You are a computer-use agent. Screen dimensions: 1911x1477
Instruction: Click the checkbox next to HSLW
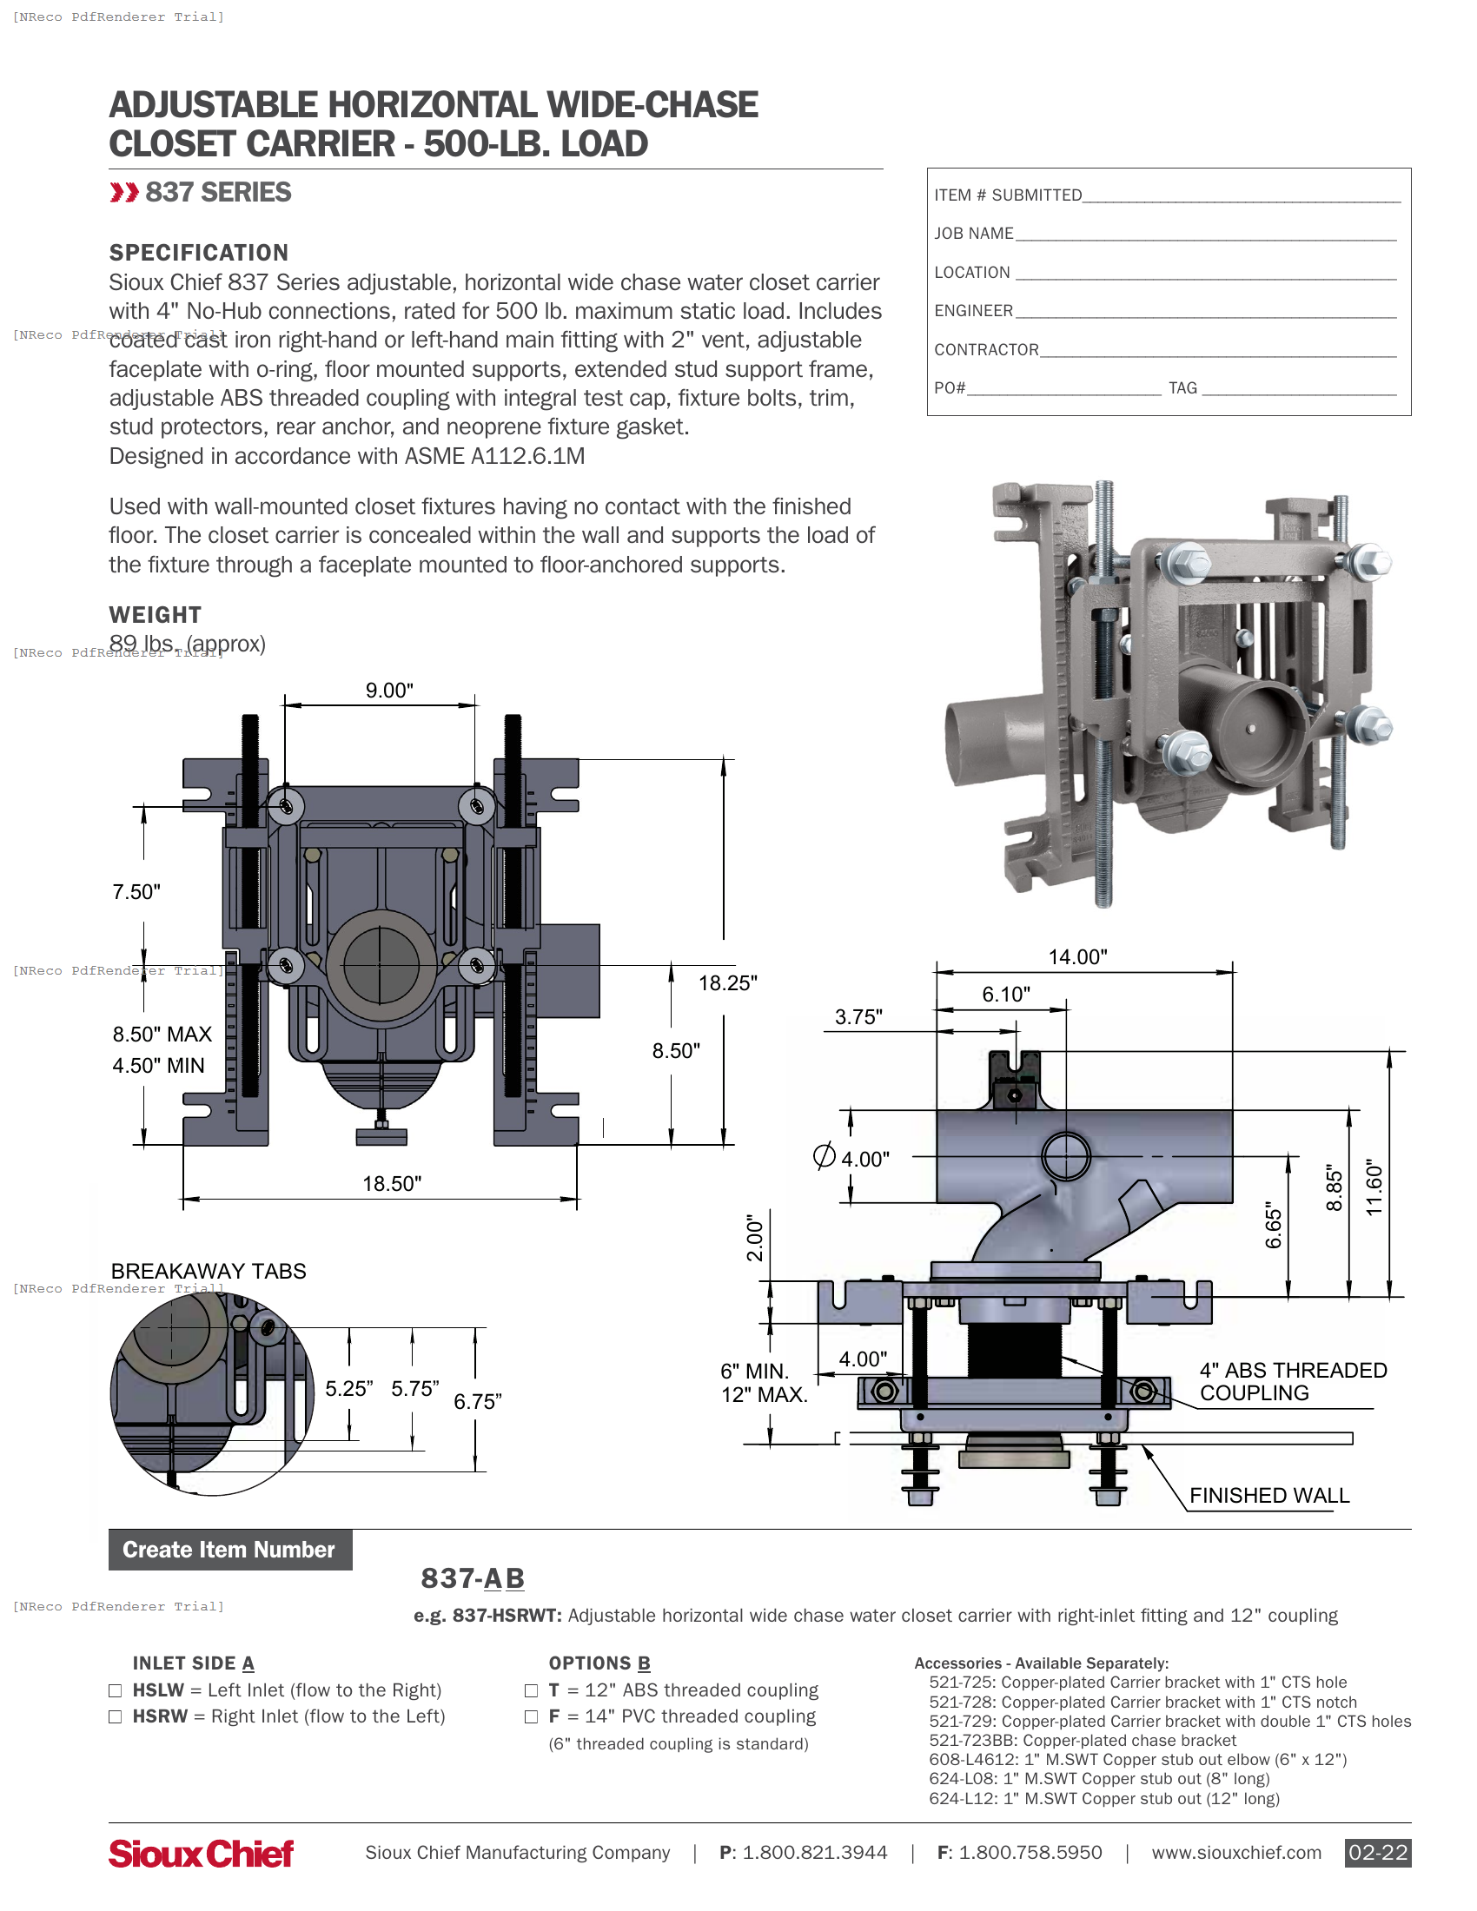pyautogui.click(x=115, y=1690)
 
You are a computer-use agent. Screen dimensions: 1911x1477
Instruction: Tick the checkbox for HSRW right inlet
pyautogui.click(x=115, y=1716)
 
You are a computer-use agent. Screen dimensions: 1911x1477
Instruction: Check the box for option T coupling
pyautogui.click(x=531, y=1690)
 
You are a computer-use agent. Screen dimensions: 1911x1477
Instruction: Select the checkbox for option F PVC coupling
pyautogui.click(x=531, y=1716)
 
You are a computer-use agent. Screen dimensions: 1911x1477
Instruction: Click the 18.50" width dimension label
pyautogui.click(x=392, y=1184)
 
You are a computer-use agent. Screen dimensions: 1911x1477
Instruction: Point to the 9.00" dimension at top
pyautogui.click(x=389, y=691)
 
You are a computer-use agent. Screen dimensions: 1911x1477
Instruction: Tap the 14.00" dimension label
pyautogui.click(x=1078, y=957)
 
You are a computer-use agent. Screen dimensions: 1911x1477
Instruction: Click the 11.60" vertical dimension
pyautogui.click(x=1374, y=1188)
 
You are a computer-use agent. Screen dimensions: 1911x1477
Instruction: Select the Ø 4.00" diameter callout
pyautogui.click(x=851, y=1159)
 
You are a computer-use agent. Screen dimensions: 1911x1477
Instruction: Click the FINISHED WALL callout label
pyautogui.click(x=1268, y=1496)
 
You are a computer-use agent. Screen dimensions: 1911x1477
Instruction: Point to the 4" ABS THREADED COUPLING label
pyautogui.click(x=1293, y=1382)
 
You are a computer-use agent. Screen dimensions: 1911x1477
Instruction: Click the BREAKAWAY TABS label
pyautogui.click(x=209, y=1272)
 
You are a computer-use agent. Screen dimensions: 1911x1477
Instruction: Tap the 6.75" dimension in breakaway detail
pyautogui.click(x=478, y=1402)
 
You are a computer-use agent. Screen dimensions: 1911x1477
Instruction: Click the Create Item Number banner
pyautogui.click(x=229, y=1550)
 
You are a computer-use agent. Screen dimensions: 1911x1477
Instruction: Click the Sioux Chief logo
pyautogui.click(x=202, y=1854)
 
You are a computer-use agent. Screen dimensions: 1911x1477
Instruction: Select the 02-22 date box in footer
pyautogui.click(x=1377, y=1853)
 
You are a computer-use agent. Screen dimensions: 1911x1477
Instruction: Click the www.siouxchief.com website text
pyautogui.click(x=1235, y=1853)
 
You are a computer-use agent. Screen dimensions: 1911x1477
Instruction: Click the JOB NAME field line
pyautogui.click(x=1206, y=235)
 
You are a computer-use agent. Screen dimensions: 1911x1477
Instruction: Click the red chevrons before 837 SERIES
pyautogui.click(x=124, y=193)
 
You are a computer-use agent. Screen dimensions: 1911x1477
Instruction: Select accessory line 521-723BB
pyautogui.click(x=1083, y=1741)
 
